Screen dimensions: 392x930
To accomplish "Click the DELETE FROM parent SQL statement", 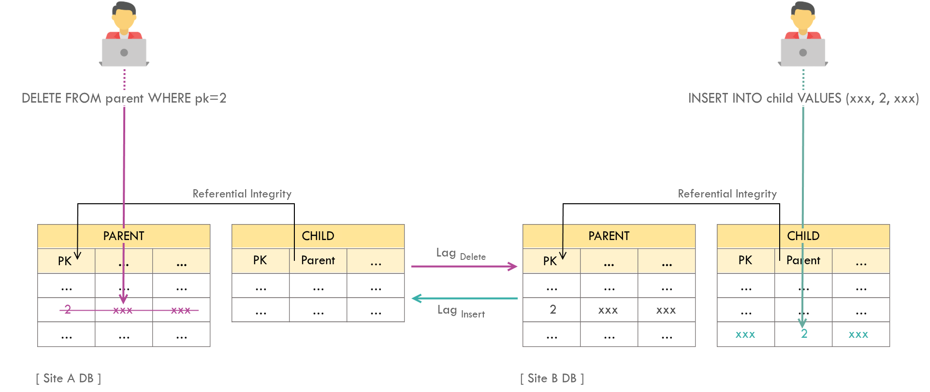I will (x=124, y=98).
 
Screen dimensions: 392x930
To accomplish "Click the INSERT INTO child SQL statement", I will (x=803, y=98).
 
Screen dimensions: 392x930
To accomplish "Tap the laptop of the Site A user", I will (x=124, y=53).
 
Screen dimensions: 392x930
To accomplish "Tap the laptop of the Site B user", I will (x=802, y=53).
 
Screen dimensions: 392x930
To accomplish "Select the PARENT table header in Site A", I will (x=124, y=236).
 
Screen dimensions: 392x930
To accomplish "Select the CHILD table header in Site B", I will (x=803, y=236).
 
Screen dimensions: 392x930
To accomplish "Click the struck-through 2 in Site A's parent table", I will (x=68, y=310).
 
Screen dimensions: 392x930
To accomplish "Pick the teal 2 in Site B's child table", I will (x=804, y=334).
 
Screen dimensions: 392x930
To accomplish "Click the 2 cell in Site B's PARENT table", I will (x=552, y=310).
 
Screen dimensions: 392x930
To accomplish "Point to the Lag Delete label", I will (x=461, y=254).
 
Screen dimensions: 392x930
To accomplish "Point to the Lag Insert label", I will (x=461, y=311).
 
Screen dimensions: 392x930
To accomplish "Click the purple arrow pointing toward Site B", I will (x=464, y=266).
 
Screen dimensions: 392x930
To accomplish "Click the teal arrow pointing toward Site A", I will (x=464, y=298).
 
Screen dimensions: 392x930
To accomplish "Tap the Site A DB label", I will (x=69, y=378).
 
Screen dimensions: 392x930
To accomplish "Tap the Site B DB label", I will (x=552, y=378).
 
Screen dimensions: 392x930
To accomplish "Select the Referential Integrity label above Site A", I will (x=242, y=194).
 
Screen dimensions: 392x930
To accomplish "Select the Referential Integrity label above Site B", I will (x=727, y=194).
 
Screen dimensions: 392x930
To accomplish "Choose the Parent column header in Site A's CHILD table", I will (x=318, y=260).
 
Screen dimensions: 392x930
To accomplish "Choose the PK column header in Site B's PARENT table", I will (x=550, y=261).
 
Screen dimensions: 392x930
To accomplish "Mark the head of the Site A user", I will (x=124, y=17).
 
